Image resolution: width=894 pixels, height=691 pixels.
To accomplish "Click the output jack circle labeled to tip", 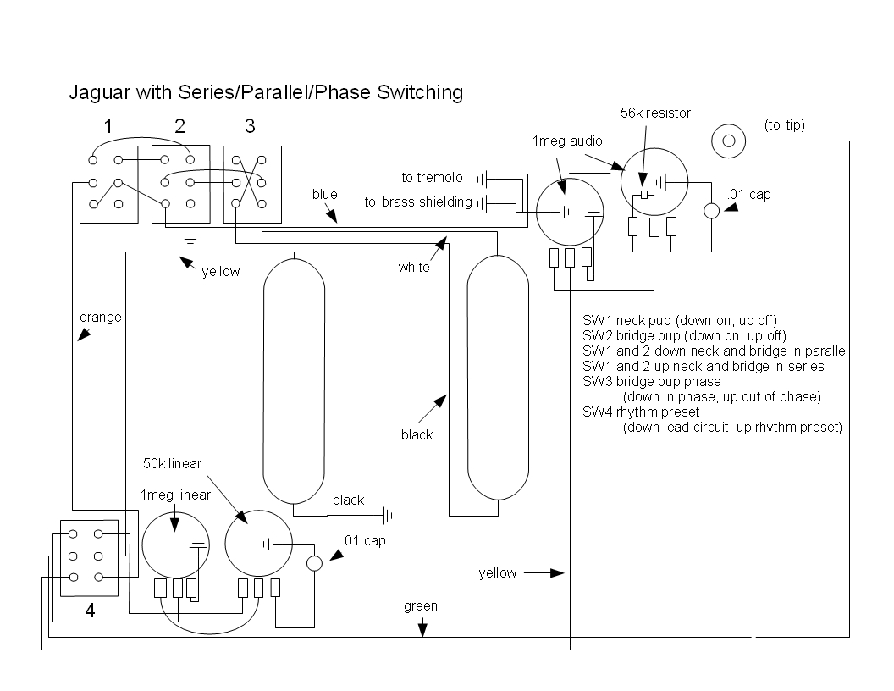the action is pos(728,141).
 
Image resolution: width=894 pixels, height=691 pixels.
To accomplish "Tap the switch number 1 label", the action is pos(108,126).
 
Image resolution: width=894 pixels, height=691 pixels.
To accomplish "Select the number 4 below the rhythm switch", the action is pos(90,611).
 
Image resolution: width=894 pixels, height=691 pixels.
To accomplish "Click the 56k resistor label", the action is pos(655,113).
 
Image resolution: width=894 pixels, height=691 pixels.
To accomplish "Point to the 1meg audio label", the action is pos(566,141).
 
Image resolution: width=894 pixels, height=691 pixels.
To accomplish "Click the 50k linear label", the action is pos(172,463).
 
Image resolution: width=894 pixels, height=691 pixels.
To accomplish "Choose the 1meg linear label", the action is pos(175,495).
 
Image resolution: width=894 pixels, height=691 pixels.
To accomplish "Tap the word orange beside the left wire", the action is pos(101,318).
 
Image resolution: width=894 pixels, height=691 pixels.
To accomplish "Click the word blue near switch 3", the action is pos(324,195).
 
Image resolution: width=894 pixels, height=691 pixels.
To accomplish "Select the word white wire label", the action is pos(414,267).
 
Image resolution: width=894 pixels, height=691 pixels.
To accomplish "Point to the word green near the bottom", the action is pos(420,606).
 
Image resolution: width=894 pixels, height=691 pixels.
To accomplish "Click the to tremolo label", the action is pos(432,177).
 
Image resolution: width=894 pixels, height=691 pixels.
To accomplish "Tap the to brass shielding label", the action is pos(418,202).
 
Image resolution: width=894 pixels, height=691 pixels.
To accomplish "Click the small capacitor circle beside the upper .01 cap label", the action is pos(711,211).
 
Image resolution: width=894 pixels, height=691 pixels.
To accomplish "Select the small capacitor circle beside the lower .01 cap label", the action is pos(314,563).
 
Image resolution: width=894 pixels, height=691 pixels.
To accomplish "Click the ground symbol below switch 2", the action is pos(190,238).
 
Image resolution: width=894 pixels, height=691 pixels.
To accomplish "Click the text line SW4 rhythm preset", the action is pos(640,412).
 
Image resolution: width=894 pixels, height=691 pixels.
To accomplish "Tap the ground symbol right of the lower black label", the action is pos(387,516).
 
